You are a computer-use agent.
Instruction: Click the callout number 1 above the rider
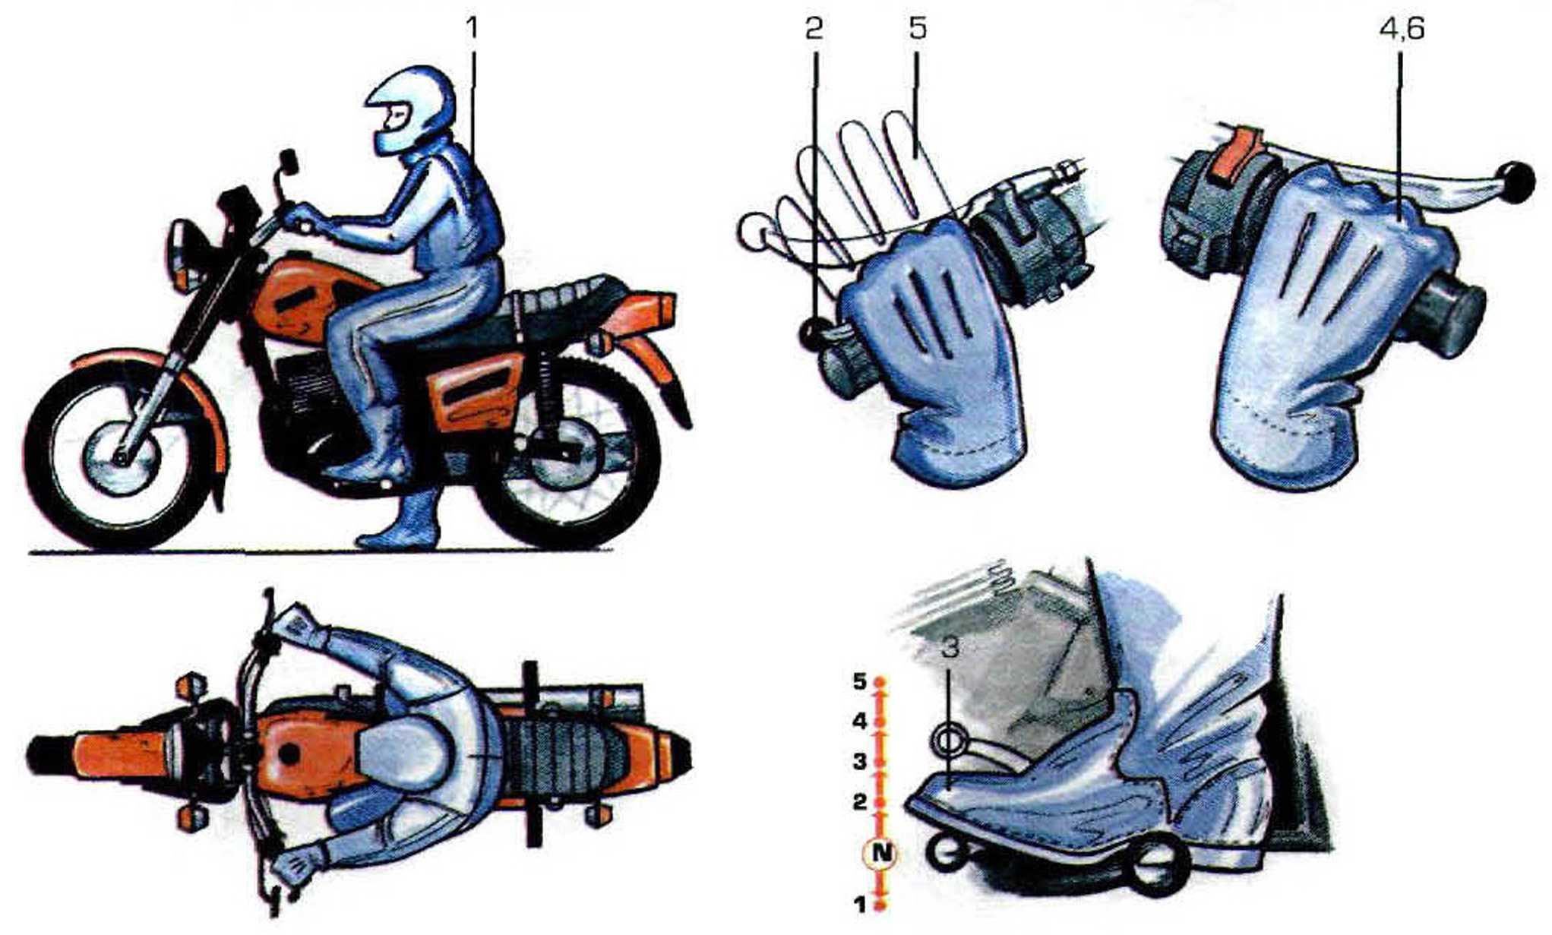tap(473, 29)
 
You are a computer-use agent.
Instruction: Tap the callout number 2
tap(814, 29)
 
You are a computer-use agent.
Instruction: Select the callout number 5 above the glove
tap(917, 29)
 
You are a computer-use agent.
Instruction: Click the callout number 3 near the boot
tap(949, 647)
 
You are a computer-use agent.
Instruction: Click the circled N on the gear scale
tap(880, 853)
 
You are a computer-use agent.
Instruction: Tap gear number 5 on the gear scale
tap(859, 682)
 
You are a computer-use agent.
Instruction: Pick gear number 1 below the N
tap(859, 905)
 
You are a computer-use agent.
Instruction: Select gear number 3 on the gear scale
tap(859, 761)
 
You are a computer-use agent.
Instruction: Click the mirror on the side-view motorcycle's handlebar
tap(288, 161)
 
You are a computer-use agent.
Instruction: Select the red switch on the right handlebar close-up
tap(1236, 157)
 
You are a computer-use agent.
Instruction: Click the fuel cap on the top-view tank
tap(289, 754)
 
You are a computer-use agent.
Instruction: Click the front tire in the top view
tap(52, 754)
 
